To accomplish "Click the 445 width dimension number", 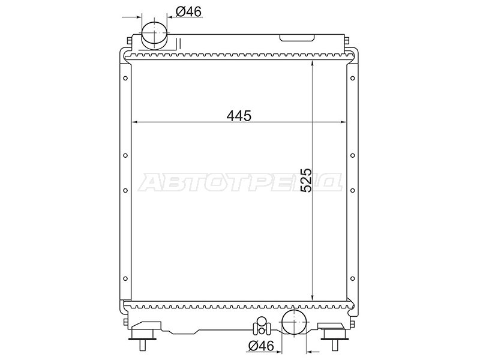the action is click(x=239, y=116).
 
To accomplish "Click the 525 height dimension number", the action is click(x=306, y=180).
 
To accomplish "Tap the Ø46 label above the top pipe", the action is click(x=188, y=11).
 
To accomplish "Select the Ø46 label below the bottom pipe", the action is click(x=261, y=346).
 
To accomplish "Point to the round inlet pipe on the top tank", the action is click(x=155, y=35).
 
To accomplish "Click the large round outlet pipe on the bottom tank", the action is click(x=294, y=321).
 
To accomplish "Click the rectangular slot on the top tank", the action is click(x=297, y=38).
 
